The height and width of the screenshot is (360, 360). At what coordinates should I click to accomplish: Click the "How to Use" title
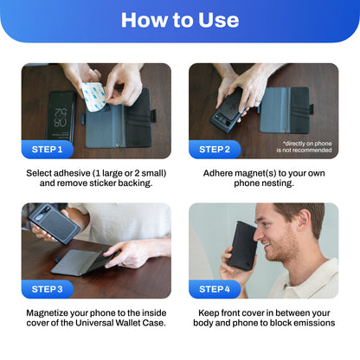point(180,20)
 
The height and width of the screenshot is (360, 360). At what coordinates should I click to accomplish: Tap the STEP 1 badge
point(48,150)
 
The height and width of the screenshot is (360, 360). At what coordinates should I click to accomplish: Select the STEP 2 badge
point(215,150)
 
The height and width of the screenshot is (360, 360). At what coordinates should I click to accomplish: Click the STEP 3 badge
point(48,289)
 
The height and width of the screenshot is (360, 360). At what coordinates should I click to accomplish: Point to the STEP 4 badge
point(215,289)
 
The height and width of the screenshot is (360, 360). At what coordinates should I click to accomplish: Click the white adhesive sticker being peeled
point(93,97)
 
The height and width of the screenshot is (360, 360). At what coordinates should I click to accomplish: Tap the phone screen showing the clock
point(61,117)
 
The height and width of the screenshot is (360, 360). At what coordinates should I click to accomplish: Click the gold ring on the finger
point(258,101)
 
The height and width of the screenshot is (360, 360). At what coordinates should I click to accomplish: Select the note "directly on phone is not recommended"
point(304,146)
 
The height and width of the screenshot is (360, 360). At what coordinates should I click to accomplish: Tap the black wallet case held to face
point(242,246)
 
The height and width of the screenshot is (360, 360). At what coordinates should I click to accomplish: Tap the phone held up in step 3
point(54,223)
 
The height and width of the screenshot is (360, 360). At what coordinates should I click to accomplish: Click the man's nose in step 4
point(259,235)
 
